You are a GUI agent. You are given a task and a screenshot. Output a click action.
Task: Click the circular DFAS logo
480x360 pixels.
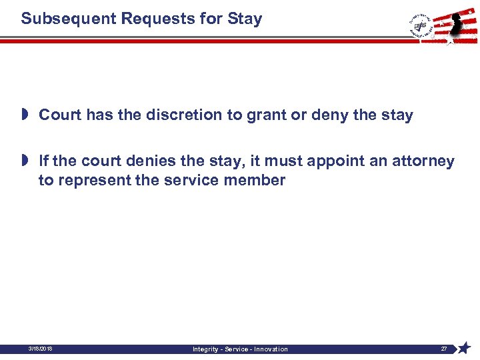(x=421, y=25)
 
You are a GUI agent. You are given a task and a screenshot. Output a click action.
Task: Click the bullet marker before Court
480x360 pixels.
(x=25, y=115)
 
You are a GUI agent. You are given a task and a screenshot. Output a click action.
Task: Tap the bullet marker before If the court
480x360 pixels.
(x=25, y=161)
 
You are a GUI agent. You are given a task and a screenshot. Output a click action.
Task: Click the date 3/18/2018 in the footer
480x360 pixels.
(x=41, y=349)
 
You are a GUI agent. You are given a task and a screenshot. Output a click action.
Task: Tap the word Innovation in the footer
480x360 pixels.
(x=269, y=349)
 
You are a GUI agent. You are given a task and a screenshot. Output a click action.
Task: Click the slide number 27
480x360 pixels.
(x=443, y=349)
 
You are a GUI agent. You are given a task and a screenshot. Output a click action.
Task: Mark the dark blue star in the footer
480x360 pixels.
(x=464, y=348)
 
